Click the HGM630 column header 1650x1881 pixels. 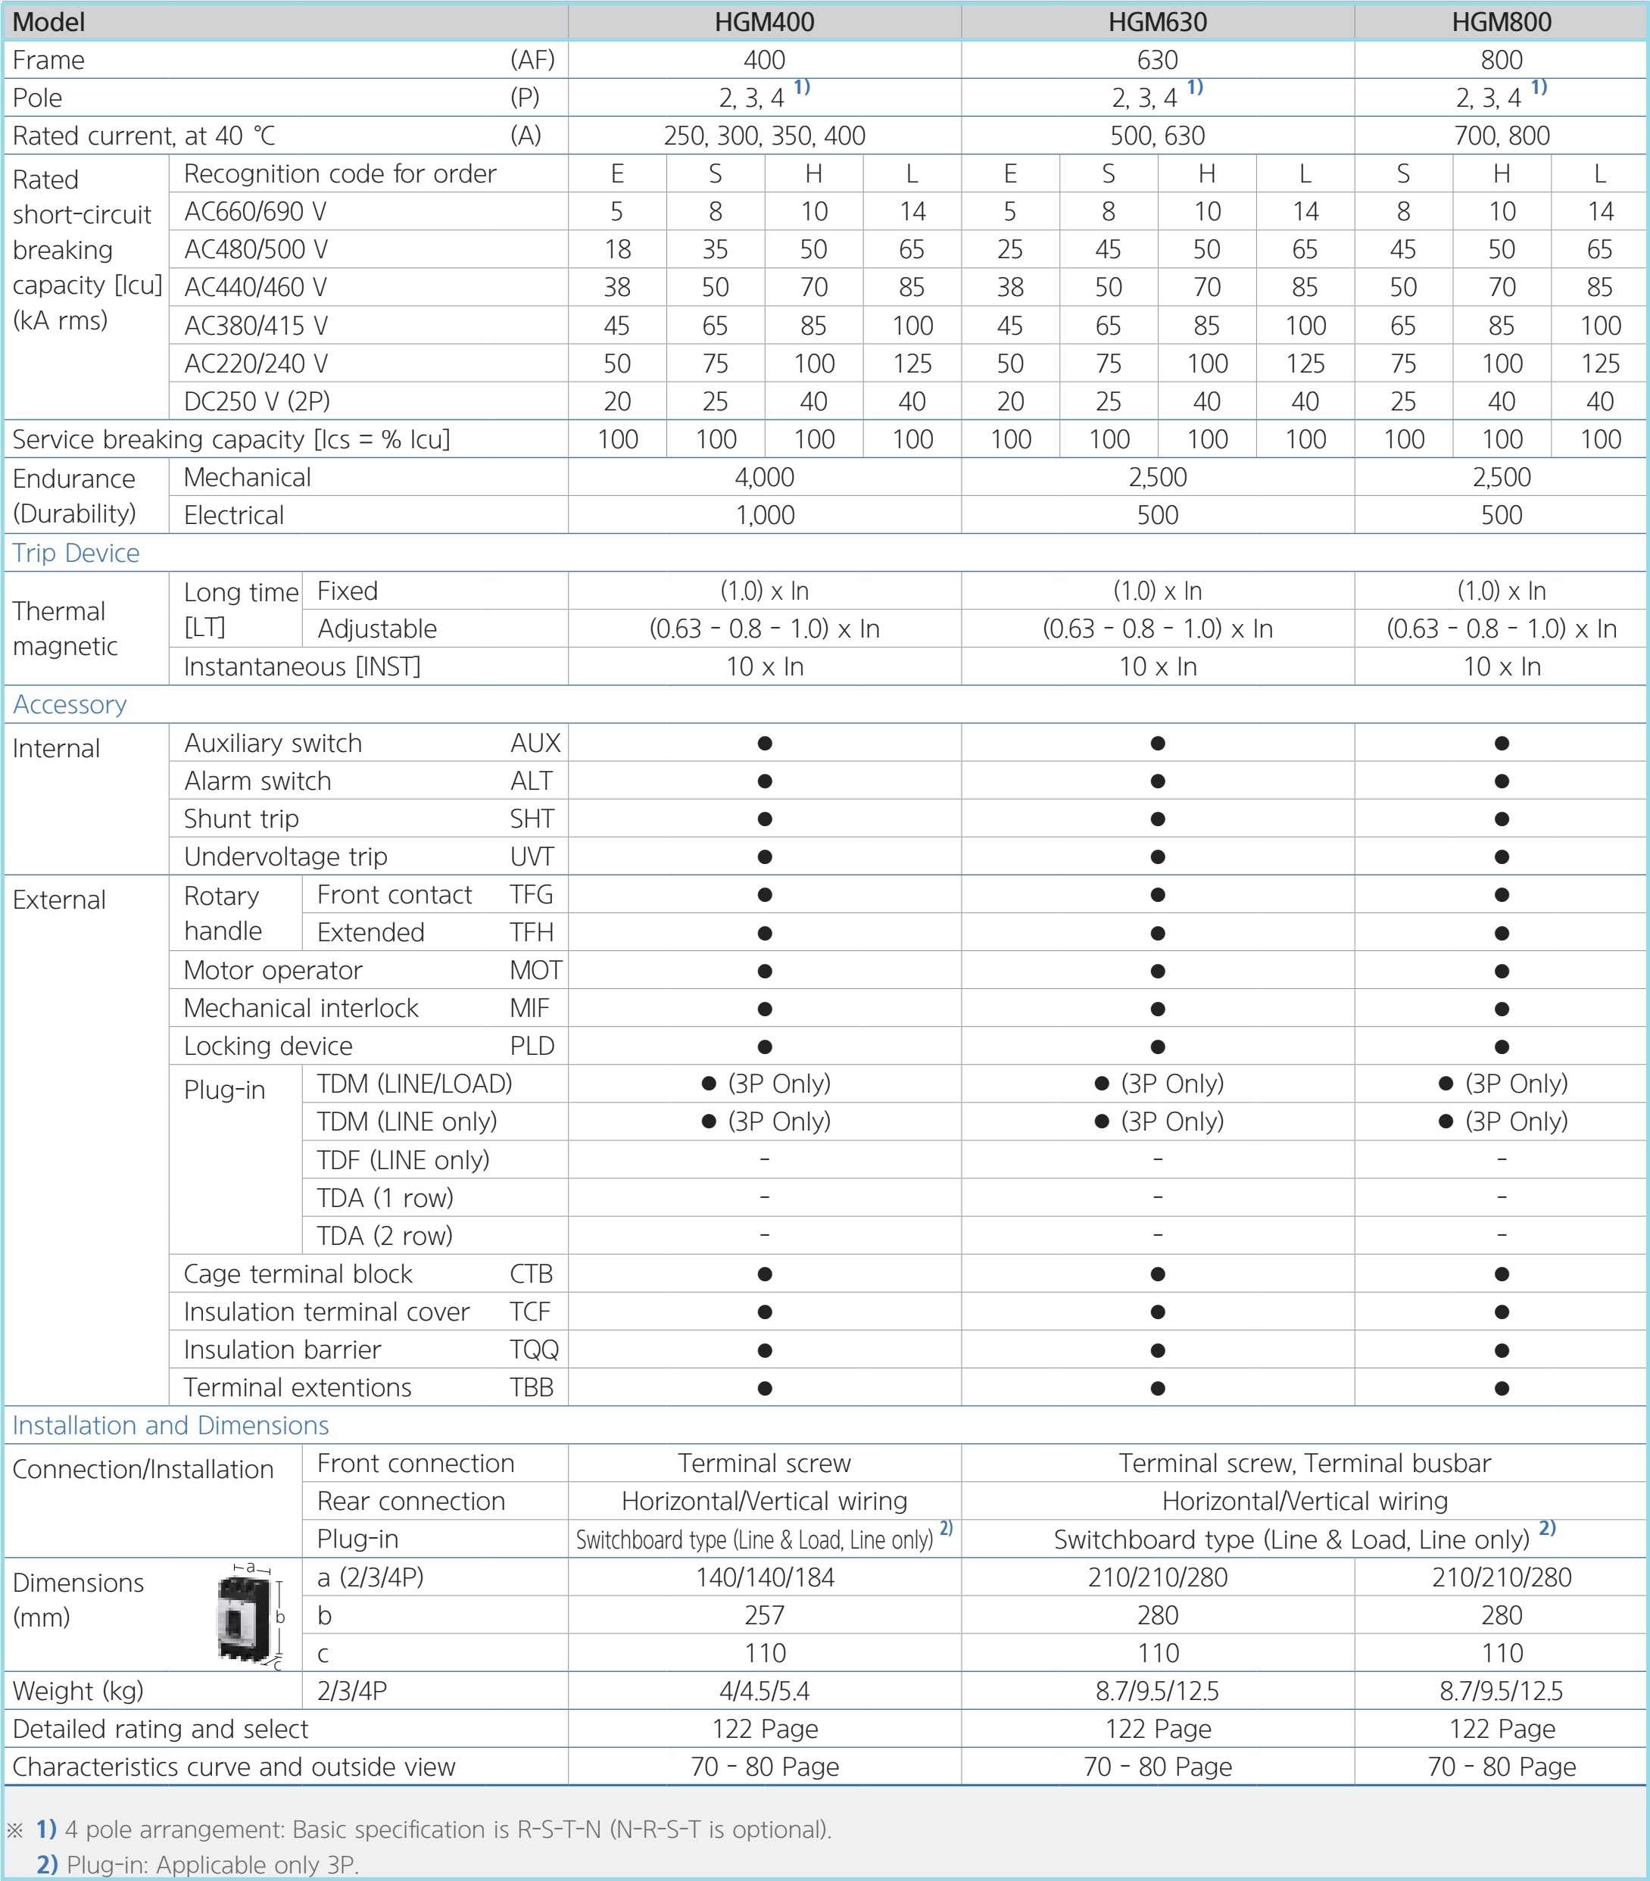coord(1157,22)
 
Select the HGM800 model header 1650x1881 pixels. coord(1501,22)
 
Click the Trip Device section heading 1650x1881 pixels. coord(76,553)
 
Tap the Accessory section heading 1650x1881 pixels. coord(70,705)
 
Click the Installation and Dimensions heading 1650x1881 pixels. coord(170,1425)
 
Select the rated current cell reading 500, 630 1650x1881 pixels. coord(1157,136)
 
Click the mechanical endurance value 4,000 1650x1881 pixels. coord(764,478)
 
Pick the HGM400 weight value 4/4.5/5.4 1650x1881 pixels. coord(764,1690)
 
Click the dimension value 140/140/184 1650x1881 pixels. coord(764,1577)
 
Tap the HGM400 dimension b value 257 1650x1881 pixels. coord(764,1615)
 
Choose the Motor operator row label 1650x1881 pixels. coord(273,971)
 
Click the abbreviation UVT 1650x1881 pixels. coord(532,856)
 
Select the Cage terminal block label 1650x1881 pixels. coord(298,1274)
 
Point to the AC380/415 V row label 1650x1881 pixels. coord(256,326)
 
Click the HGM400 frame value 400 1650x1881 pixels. coord(764,61)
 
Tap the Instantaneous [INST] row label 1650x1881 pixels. coord(302,667)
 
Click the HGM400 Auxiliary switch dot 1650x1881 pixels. coord(764,744)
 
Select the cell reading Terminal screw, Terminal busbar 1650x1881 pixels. coord(1304,1463)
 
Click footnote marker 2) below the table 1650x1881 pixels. coord(47,1864)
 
